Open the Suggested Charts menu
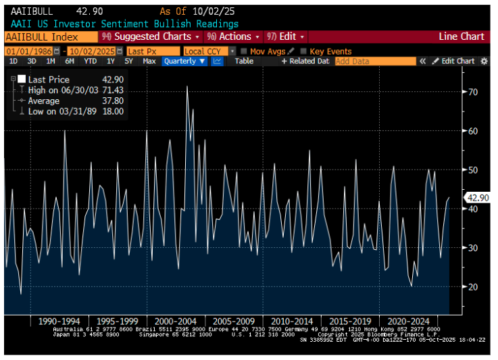(150, 36)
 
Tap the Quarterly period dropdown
(183, 61)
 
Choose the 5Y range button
(128, 61)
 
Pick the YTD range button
(90, 61)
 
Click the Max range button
(149, 61)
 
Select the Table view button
(244, 61)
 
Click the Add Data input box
(374, 61)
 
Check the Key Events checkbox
(303, 51)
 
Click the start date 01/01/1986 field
(28, 51)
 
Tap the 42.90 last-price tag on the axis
(478, 198)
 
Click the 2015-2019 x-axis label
(348, 321)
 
